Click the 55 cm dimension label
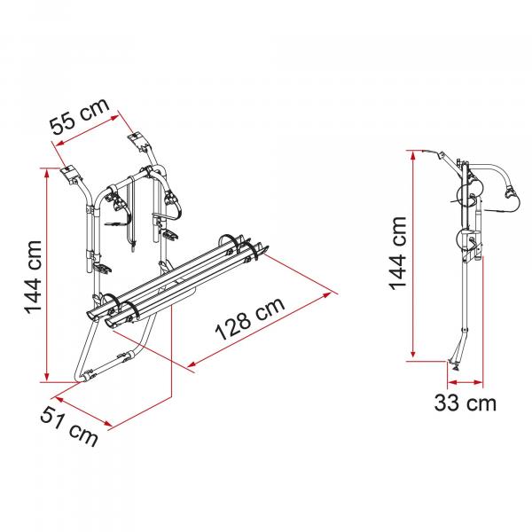pos(80,116)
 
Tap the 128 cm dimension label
pos(250,319)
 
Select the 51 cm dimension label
pos(69,426)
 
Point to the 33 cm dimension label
pos(465,403)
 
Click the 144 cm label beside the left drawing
pos(33,277)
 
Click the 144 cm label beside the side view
pos(397,253)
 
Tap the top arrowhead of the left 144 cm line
pos(47,172)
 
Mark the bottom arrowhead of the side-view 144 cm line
pos(413,353)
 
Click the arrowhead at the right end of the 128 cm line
pos(326,295)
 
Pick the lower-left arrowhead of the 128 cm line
pos(192,364)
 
